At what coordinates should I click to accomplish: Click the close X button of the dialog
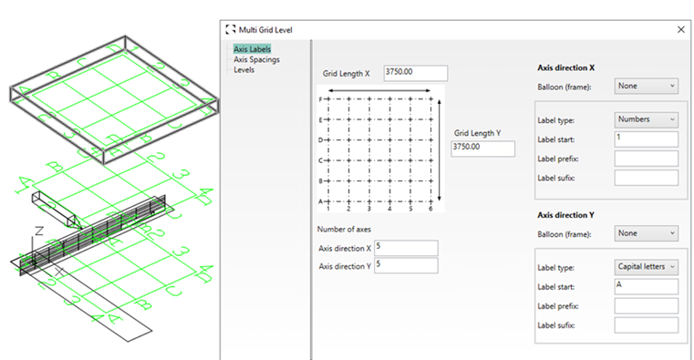[680, 30]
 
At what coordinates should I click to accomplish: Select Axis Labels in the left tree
[253, 49]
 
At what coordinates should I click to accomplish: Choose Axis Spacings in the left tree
[256, 60]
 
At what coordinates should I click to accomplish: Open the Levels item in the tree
[243, 70]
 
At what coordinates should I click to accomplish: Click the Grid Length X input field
[416, 73]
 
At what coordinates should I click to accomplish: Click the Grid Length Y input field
[482, 149]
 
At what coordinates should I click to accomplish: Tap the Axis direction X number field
[406, 248]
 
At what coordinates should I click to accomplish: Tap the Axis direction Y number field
[406, 265]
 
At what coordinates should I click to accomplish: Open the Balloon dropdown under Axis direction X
[647, 86]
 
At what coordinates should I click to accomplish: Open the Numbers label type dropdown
[647, 119]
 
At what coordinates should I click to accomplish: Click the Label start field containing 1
[647, 139]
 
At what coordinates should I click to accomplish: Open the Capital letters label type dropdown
[647, 267]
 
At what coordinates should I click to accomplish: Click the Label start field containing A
[647, 286]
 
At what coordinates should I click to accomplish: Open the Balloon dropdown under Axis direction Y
[647, 233]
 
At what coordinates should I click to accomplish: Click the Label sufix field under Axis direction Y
[647, 325]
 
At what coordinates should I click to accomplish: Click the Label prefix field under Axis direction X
[647, 159]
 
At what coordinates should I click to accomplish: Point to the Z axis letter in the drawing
[39, 231]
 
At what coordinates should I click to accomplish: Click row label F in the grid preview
[320, 99]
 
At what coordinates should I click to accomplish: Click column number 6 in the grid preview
[430, 209]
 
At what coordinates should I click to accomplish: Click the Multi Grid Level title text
[265, 30]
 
